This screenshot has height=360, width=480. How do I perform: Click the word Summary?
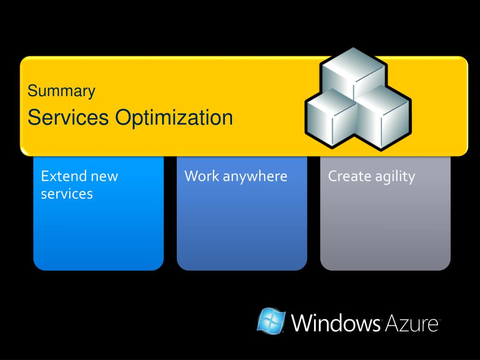click(x=61, y=91)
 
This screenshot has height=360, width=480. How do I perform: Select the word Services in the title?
click(x=68, y=117)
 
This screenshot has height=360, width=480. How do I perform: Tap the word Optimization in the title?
click(x=174, y=118)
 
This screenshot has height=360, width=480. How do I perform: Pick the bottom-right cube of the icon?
click(x=382, y=118)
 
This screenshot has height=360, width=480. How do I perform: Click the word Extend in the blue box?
click(x=64, y=176)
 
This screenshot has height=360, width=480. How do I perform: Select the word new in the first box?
click(x=105, y=177)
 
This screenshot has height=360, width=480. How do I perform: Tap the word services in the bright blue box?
click(x=67, y=194)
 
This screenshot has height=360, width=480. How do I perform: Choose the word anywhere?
click(x=255, y=177)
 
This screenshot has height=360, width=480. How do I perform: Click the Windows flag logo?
click(x=271, y=321)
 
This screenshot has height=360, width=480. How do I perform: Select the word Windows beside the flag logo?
click(x=336, y=322)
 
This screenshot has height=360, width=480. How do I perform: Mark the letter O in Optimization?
click(x=123, y=117)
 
